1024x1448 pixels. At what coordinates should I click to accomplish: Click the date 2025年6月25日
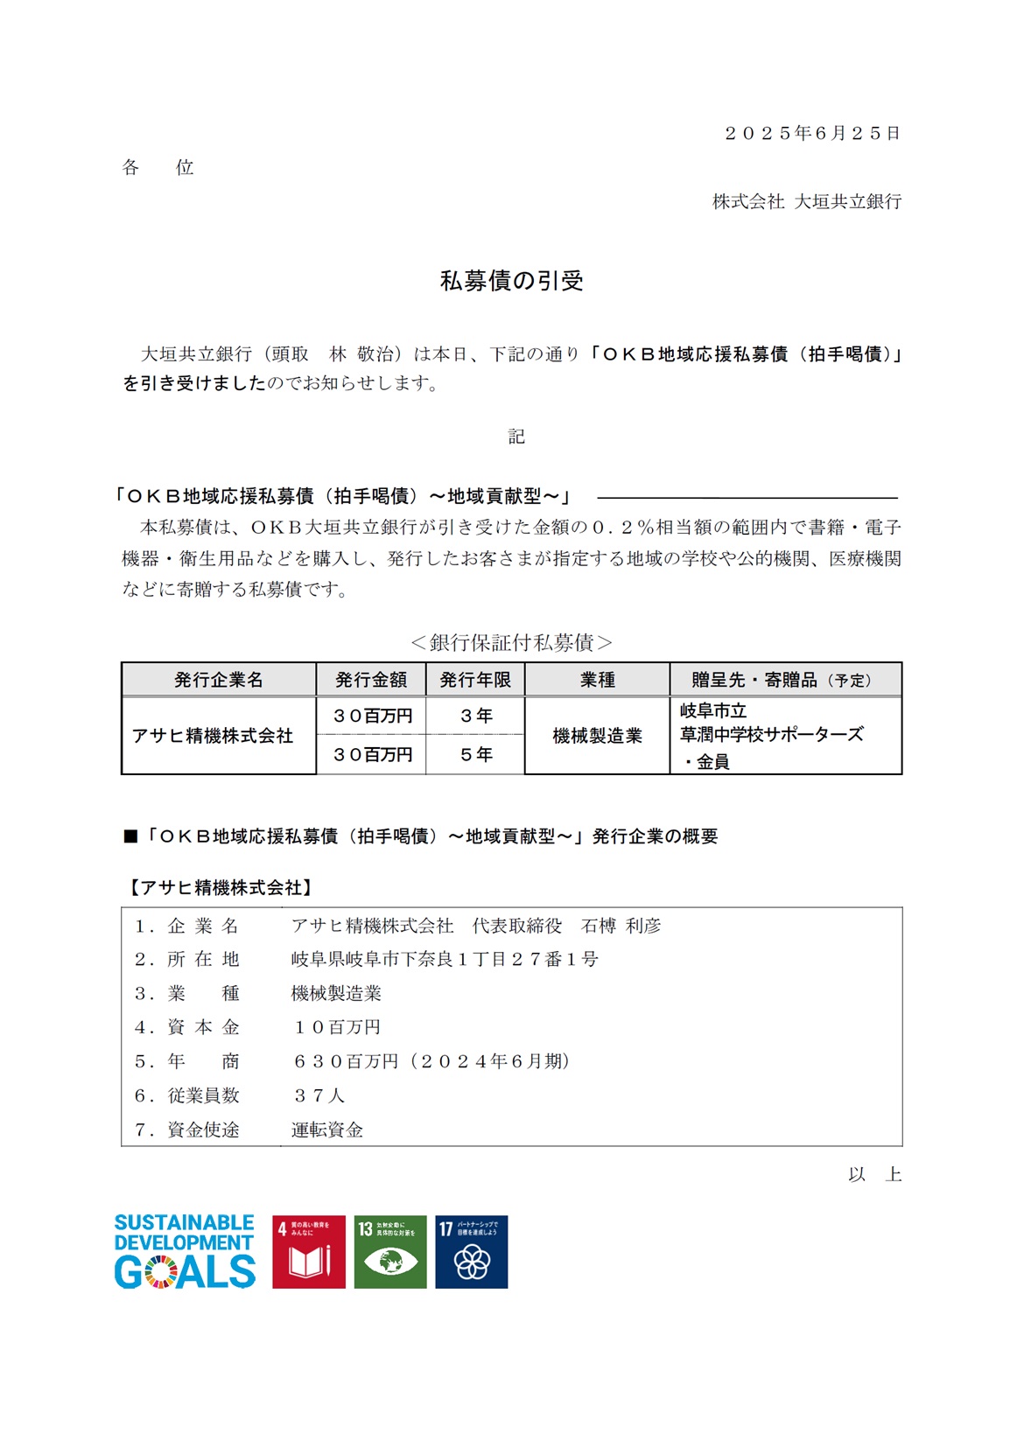click(812, 133)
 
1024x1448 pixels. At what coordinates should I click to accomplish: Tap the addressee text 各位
click(158, 167)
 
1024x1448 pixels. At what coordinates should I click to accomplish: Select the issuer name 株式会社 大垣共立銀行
click(806, 201)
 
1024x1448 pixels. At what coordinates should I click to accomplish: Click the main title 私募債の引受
click(511, 281)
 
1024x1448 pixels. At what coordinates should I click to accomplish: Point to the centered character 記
click(516, 437)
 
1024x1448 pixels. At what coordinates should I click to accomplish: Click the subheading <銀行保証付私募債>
click(511, 642)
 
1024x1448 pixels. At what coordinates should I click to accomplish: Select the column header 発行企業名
click(218, 680)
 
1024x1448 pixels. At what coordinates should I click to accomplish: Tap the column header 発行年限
click(475, 680)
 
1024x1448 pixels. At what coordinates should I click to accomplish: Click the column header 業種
click(597, 680)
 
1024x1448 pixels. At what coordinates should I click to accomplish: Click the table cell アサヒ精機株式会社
click(213, 736)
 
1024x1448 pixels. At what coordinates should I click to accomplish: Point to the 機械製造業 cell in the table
click(597, 736)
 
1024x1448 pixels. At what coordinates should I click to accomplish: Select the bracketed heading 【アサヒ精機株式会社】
click(221, 887)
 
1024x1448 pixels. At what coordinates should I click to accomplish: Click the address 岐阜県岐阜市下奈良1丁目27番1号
click(445, 959)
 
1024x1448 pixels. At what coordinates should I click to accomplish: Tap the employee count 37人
click(319, 1095)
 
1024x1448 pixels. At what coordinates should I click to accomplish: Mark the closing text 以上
click(874, 1174)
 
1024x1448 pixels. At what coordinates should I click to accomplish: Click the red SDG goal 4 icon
click(308, 1251)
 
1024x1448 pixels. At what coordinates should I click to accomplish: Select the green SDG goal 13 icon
click(390, 1251)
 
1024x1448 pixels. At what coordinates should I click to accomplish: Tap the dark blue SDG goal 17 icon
click(472, 1251)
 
